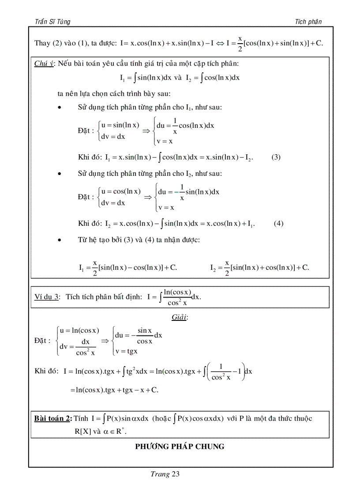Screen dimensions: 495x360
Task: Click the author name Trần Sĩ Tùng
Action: pyautogui.click(x=52, y=22)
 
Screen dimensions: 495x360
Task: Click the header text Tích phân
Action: pyautogui.click(x=308, y=22)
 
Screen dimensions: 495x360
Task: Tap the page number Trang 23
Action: pyautogui.click(x=165, y=474)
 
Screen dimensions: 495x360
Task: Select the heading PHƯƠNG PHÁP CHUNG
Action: pyautogui.click(x=180, y=447)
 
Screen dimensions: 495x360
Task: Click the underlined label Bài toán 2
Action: pyautogui.click(x=52, y=418)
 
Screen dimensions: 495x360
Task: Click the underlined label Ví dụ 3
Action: pyautogui.click(x=47, y=297)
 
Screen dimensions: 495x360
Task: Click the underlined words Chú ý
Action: pyautogui.click(x=43, y=63)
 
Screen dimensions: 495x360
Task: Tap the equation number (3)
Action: pyautogui.click(x=276, y=157)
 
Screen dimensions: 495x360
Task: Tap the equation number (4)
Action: pyautogui.click(x=278, y=223)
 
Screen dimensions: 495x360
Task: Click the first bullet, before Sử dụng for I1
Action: pyautogui.click(x=59, y=108)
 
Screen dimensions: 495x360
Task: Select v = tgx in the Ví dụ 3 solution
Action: pyautogui.click(x=126, y=351)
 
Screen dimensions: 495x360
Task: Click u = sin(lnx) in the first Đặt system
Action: pyautogui.click(x=120, y=125)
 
